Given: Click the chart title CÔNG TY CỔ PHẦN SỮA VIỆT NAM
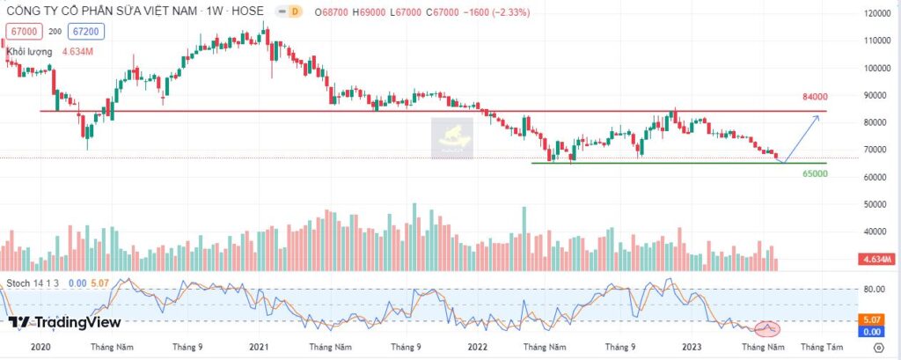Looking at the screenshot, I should [100, 13].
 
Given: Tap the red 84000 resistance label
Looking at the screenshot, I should [814, 97].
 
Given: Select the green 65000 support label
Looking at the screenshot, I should [814, 174].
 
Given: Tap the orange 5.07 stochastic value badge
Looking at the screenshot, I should [873, 320].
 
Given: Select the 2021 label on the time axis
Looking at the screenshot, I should [259, 348].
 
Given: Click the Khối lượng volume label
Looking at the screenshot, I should [30, 52].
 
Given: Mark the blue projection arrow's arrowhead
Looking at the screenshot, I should [818, 117].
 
